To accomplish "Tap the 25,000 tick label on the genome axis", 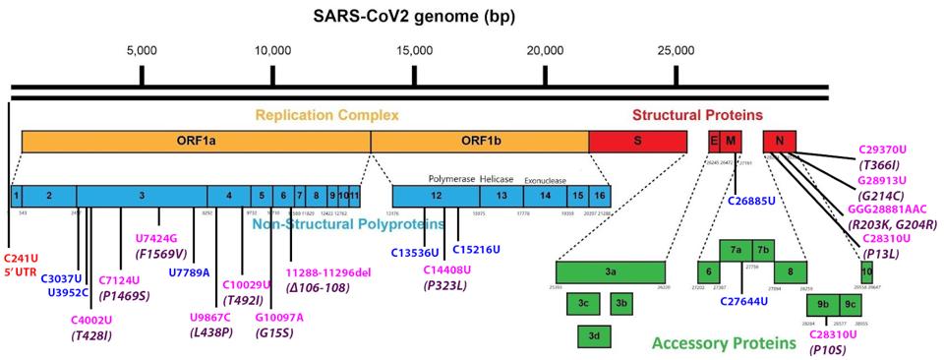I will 676,51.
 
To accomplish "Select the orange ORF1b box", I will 479,141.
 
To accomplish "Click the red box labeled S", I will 637,141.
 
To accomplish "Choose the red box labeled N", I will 779,141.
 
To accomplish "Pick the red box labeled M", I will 730,141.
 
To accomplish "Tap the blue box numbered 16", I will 599,197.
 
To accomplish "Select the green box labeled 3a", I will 610,271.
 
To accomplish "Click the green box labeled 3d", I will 595,336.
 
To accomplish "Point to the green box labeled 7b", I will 763,250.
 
